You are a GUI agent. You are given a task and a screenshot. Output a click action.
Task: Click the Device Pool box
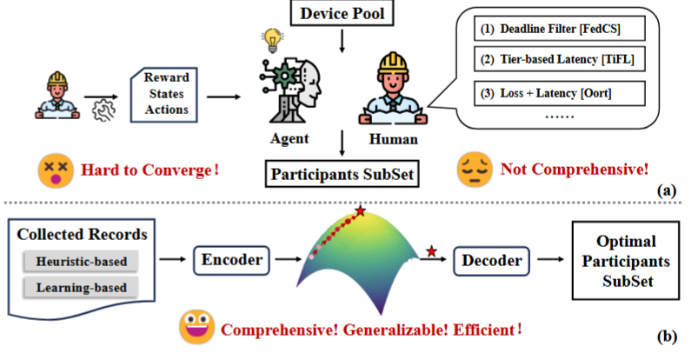click(x=346, y=14)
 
